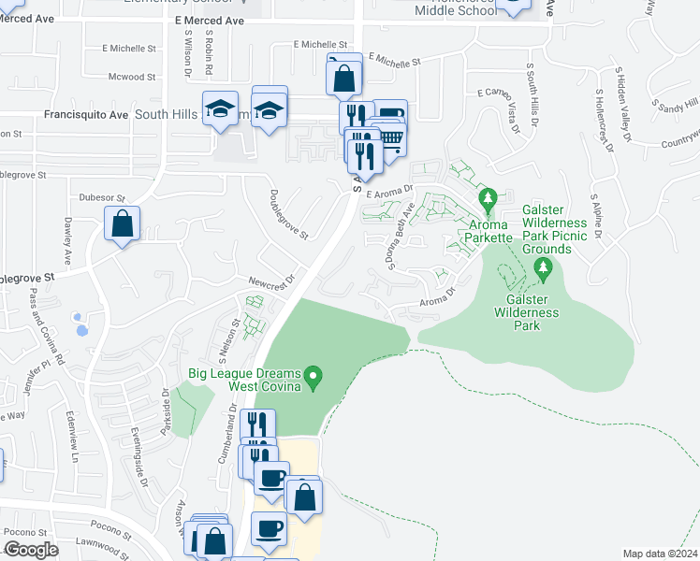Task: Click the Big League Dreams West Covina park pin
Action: (x=315, y=379)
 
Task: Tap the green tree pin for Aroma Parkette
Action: (x=487, y=199)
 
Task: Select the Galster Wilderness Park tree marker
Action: (x=543, y=271)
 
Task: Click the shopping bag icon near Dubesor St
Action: (x=123, y=224)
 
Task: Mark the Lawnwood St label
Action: (x=101, y=542)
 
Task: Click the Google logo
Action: (x=31, y=550)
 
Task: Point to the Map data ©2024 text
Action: (x=660, y=554)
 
